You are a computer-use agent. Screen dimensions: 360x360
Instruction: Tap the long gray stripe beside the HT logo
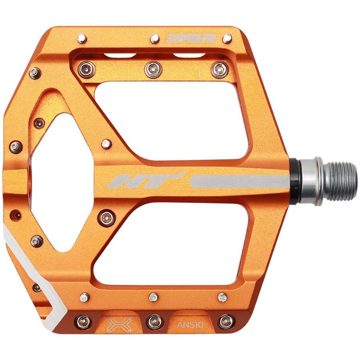[238, 181]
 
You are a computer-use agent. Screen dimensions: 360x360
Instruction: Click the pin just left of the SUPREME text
[154, 37]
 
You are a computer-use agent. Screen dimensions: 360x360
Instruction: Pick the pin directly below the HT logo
[107, 218]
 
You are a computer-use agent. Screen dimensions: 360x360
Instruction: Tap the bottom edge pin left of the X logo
[83, 321]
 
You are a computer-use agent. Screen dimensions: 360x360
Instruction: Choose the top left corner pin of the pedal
[82, 38]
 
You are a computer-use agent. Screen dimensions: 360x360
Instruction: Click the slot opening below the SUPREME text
[189, 56]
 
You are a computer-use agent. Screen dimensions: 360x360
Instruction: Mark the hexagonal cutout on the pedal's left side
[63, 180]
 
